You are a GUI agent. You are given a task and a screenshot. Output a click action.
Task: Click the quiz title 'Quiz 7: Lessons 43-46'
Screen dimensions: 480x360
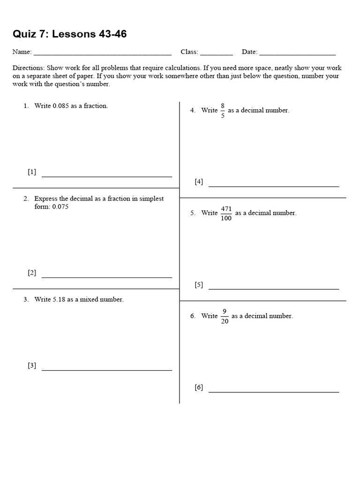pyautogui.click(x=69, y=34)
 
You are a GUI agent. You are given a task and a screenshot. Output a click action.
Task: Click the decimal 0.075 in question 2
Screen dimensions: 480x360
pyautogui.click(x=60, y=207)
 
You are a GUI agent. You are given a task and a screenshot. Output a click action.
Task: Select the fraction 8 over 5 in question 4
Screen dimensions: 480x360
pyautogui.click(x=223, y=111)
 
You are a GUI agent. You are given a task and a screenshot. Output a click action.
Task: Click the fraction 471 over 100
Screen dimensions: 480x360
pyautogui.click(x=226, y=213)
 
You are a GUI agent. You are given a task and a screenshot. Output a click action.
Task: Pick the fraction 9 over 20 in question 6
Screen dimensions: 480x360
pyautogui.click(x=225, y=316)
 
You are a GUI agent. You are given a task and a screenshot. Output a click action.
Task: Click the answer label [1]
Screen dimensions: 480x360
pyautogui.click(x=32, y=172)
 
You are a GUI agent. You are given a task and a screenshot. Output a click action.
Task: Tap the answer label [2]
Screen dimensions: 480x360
pyautogui.click(x=32, y=273)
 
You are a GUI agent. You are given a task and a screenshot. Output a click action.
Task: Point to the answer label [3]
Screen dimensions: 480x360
pyautogui.click(x=32, y=366)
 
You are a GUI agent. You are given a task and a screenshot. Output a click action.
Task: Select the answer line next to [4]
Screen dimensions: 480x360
pyautogui.click(x=273, y=186)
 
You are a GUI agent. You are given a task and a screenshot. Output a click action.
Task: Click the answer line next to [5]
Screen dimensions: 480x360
pyautogui.click(x=273, y=289)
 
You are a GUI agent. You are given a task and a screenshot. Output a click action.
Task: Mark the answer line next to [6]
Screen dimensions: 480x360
pyautogui.click(x=273, y=391)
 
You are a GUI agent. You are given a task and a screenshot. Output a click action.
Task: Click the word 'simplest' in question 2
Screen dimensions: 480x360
pyautogui.click(x=151, y=199)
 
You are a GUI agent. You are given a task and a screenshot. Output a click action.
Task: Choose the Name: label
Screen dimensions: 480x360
pyautogui.click(x=22, y=52)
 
